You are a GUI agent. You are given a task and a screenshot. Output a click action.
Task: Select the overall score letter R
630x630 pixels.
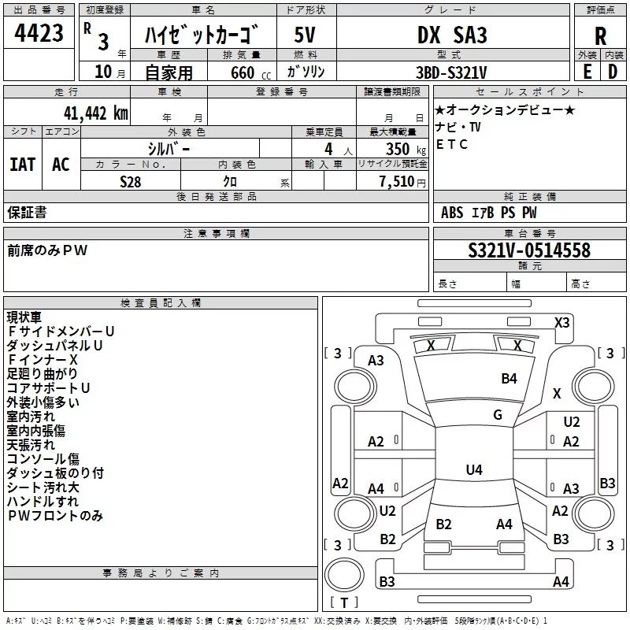coord(600,36)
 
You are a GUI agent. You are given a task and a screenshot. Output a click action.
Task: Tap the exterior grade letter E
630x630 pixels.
coord(587,70)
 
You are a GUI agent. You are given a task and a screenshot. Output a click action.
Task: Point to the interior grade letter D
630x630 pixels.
coord(613,70)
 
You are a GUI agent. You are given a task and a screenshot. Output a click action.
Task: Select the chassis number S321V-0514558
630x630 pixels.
coord(529,250)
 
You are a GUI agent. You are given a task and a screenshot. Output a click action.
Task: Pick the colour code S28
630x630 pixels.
coord(131,181)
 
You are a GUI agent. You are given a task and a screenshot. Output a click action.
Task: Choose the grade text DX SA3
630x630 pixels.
coord(452,35)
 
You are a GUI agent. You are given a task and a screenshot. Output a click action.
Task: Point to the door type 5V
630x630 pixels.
coord(306,35)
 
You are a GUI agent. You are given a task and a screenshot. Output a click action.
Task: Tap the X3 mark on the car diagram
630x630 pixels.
coord(562,322)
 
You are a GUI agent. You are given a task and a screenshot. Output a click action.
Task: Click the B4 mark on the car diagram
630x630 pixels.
coord(510,379)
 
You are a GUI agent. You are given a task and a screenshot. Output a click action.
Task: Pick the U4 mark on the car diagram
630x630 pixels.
coord(473,470)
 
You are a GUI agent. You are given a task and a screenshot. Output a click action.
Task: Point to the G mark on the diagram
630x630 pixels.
coord(498,415)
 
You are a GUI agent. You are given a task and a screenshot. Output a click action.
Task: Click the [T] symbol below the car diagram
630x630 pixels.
coord(343,603)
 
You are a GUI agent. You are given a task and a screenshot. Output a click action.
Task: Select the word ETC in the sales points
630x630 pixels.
coord(452,144)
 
